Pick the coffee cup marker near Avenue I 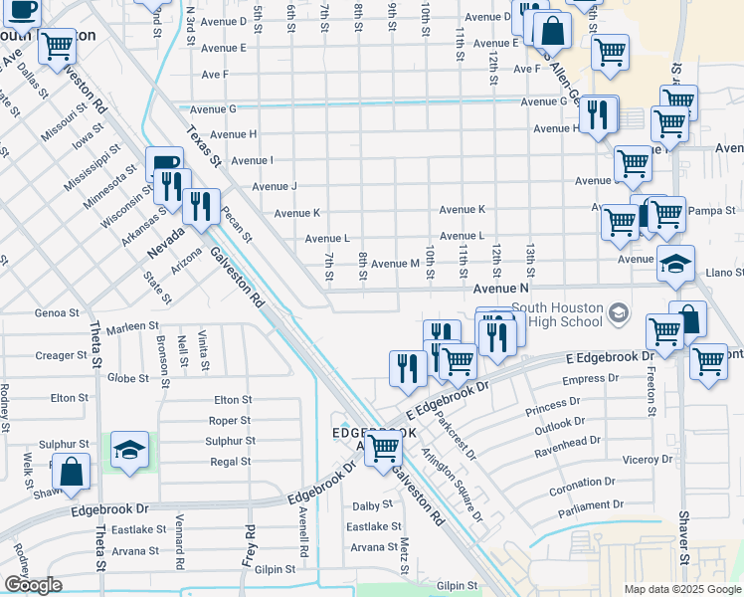[x=164, y=163]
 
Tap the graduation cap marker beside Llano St [x=675, y=264]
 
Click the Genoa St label [x=58, y=312]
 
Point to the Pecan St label [x=237, y=225]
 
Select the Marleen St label [x=133, y=326]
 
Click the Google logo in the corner [x=33, y=585]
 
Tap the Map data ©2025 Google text [x=681, y=589]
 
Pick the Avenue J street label [x=275, y=186]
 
